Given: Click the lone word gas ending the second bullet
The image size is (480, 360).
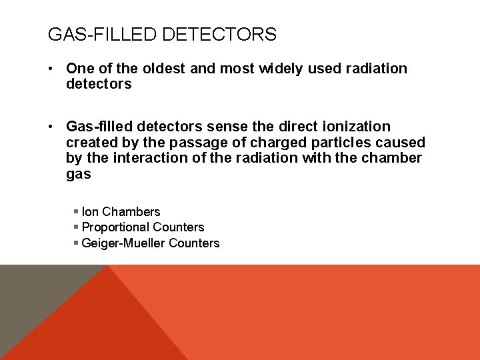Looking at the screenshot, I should tap(78, 174).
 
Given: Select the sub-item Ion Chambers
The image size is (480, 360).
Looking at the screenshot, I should tap(121, 212).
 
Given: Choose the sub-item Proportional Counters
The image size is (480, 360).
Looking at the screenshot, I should tap(143, 227).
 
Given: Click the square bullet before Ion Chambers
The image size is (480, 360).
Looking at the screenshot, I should tap(76, 212).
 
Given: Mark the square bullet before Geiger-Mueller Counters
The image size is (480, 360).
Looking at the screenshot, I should tap(76, 243).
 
